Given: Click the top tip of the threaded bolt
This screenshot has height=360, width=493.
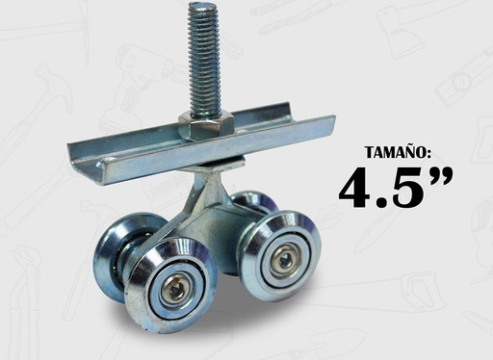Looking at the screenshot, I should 204,8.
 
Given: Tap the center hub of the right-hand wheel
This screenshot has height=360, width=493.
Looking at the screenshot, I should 282,258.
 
